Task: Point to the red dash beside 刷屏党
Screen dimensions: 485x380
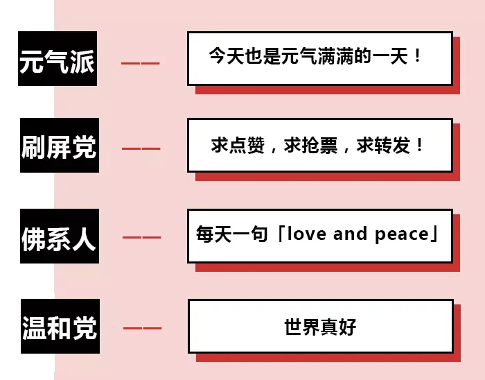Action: tap(141, 149)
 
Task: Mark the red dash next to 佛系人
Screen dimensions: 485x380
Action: tap(141, 239)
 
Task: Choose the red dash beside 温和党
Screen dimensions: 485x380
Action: tap(142, 328)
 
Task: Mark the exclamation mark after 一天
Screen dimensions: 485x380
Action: tap(417, 56)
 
